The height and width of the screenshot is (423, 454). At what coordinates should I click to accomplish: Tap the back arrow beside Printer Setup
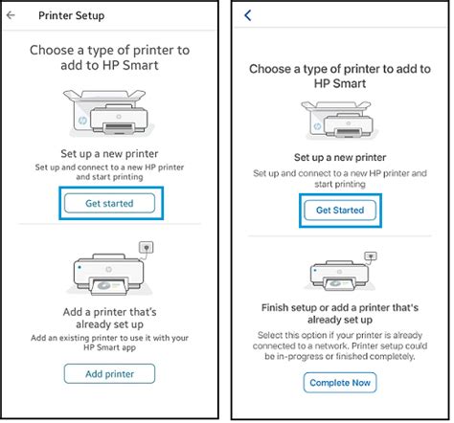coord(11,16)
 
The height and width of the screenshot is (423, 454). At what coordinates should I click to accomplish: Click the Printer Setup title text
coord(72,16)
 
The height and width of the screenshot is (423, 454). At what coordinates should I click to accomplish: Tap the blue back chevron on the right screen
coord(249,16)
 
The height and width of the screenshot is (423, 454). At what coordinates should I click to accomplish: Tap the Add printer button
coord(109,373)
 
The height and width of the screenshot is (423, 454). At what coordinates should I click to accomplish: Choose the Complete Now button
coord(340,383)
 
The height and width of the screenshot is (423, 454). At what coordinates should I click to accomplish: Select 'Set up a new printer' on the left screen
coord(108,151)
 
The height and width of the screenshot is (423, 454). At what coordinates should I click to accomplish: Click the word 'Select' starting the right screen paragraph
coord(271,325)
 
